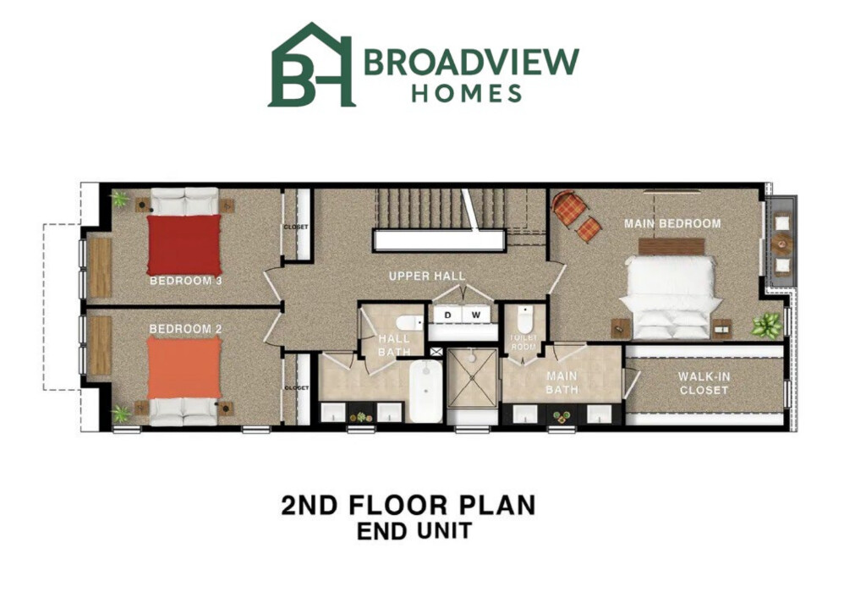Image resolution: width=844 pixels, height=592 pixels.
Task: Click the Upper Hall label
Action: point(426,277)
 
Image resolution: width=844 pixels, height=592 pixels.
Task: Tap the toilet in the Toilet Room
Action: point(524,320)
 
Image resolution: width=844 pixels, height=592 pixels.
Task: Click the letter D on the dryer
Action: point(448,315)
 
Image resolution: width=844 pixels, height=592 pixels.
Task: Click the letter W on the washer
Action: point(476,315)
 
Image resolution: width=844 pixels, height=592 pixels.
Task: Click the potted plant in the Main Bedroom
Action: point(768,324)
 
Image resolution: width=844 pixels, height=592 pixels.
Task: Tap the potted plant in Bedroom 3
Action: point(121,200)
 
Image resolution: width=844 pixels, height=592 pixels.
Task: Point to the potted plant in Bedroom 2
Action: point(121,413)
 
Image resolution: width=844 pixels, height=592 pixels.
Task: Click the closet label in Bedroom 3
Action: point(296,227)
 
